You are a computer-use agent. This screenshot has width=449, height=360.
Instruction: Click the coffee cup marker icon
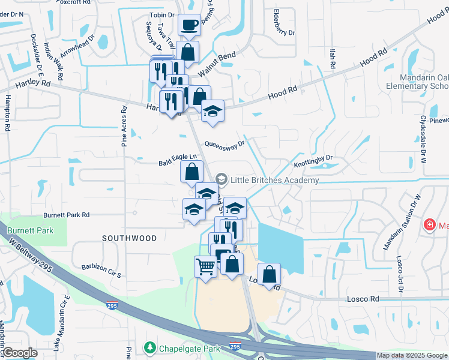click(x=190, y=25)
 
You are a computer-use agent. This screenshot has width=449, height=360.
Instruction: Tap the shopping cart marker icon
click(x=205, y=266)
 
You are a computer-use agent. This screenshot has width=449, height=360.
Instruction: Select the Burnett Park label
click(x=30, y=230)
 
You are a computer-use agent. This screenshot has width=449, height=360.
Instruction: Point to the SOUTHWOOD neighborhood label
click(x=129, y=238)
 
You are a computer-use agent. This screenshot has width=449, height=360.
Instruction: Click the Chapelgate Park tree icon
click(x=149, y=348)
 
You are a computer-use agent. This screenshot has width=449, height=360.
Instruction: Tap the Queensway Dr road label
click(x=225, y=144)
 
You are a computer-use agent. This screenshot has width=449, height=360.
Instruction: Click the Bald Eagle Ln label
click(x=178, y=160)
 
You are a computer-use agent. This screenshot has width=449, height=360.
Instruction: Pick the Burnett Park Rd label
click(x=66, y=215)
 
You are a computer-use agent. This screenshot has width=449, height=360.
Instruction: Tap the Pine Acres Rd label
click(x=124, y=127)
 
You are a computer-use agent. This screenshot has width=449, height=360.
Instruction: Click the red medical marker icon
click(x=429, y=226)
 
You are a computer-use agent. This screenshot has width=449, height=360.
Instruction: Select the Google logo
click(x=20, y=353)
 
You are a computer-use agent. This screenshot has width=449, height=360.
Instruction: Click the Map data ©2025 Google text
click(x=411, y=356)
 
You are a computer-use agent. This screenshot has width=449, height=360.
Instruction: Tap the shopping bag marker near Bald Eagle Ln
click(x=190, y=172)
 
